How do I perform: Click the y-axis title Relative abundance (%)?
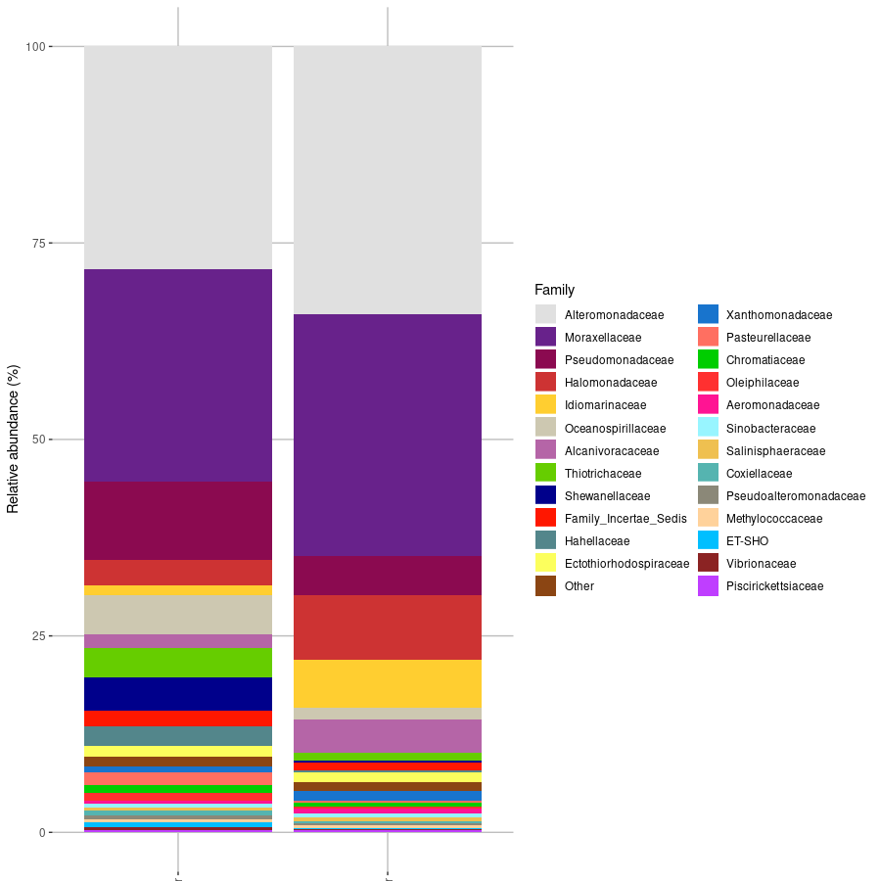[13, 439]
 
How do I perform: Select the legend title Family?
[554, 290]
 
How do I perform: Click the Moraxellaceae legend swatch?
[545, 337]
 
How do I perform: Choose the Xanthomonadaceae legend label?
[778, 315]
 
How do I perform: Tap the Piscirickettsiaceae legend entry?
[773, 586]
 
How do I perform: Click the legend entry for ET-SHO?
[747, 541]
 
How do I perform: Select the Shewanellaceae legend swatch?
[545, 495]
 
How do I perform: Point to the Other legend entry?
[579, 586]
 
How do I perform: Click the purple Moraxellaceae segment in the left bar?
[178, 375]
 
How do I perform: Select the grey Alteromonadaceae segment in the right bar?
[388, 180]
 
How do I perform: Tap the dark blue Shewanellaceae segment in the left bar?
[178, 693]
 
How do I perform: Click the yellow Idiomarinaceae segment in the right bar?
[388, 683]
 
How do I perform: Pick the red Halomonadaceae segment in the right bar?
[388, 626]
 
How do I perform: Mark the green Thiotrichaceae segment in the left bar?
[178, 662]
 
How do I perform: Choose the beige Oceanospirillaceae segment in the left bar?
[178, 614]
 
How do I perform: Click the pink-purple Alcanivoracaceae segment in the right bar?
[388, 735]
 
